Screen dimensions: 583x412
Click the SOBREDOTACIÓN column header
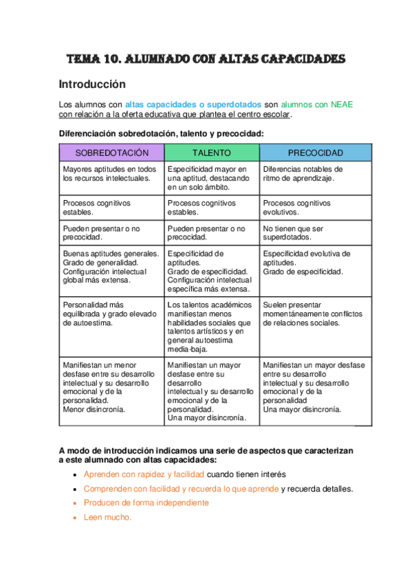pos(112,152)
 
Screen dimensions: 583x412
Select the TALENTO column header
pos(211,152)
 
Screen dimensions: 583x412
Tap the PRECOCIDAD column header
pos(315,152)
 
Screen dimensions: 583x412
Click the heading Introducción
pos(92,85)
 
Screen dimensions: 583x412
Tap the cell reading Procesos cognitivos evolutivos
pos(296,208)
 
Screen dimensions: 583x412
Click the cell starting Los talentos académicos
pos(209,327)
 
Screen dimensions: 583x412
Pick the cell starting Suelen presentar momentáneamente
pos(312,313)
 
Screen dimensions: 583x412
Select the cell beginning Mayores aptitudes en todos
pos(109,173)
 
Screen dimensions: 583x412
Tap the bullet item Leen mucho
pos(107,517)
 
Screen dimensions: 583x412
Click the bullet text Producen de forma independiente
pos(146,503)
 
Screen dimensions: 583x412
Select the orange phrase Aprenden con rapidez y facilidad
pos(144,474)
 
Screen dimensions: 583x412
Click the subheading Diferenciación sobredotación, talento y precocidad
pos(161,133)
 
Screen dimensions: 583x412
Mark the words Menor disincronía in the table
pos(94,408)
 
